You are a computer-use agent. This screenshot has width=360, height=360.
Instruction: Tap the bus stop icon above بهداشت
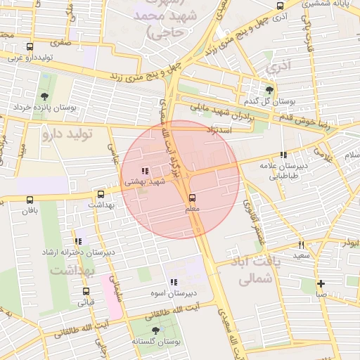[101, 194]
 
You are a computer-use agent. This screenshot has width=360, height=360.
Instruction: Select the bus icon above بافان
[29, 200]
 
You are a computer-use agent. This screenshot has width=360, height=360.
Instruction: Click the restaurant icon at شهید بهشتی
[144, 171]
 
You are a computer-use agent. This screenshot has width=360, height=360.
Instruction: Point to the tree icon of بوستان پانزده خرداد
[44, 96]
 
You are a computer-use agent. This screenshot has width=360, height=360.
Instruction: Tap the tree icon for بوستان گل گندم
[269, 89]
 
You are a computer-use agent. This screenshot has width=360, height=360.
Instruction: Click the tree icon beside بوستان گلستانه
[155, 330]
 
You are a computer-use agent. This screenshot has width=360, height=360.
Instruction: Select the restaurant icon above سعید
[301, 245]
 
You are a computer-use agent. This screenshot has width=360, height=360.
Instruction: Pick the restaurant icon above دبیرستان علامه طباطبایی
[283, 155]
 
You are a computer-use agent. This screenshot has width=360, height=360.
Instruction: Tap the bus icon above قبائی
[86, 291]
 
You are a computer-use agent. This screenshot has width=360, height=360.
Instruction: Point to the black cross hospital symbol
[321, 284]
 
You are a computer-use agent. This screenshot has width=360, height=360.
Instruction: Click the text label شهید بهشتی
[143, 181]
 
